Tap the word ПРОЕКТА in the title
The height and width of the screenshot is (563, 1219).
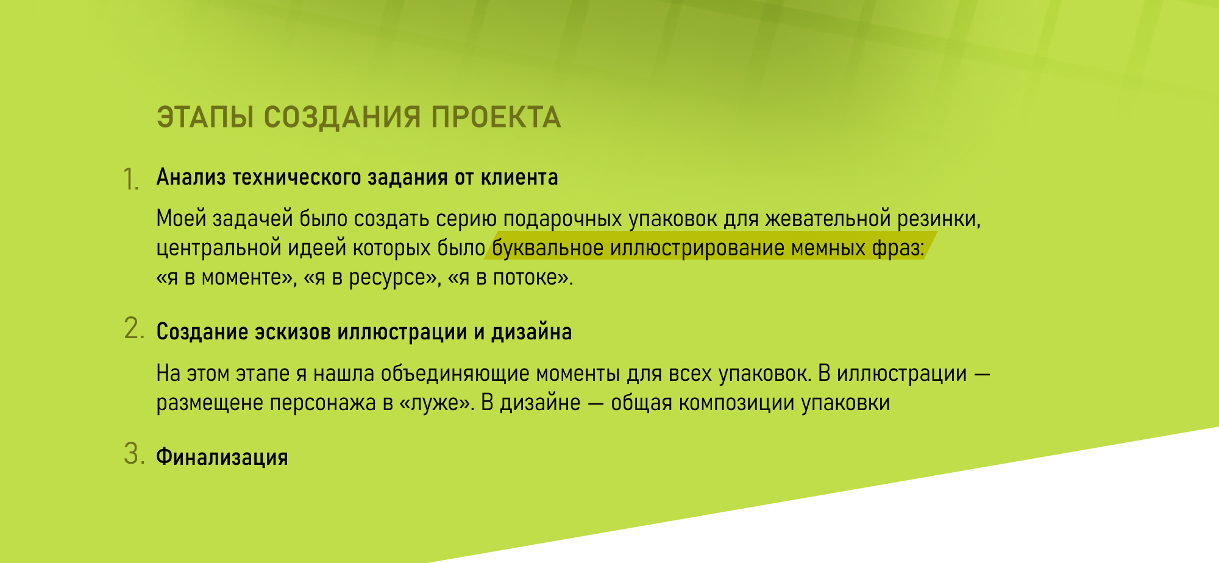(496, 118)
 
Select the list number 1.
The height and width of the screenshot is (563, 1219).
(131, 179)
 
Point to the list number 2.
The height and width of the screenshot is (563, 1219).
(134, 328)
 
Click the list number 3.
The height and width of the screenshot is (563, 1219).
(134, 454)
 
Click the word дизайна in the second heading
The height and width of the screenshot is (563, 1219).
(531, 332)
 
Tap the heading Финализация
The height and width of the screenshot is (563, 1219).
(222, 457)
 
